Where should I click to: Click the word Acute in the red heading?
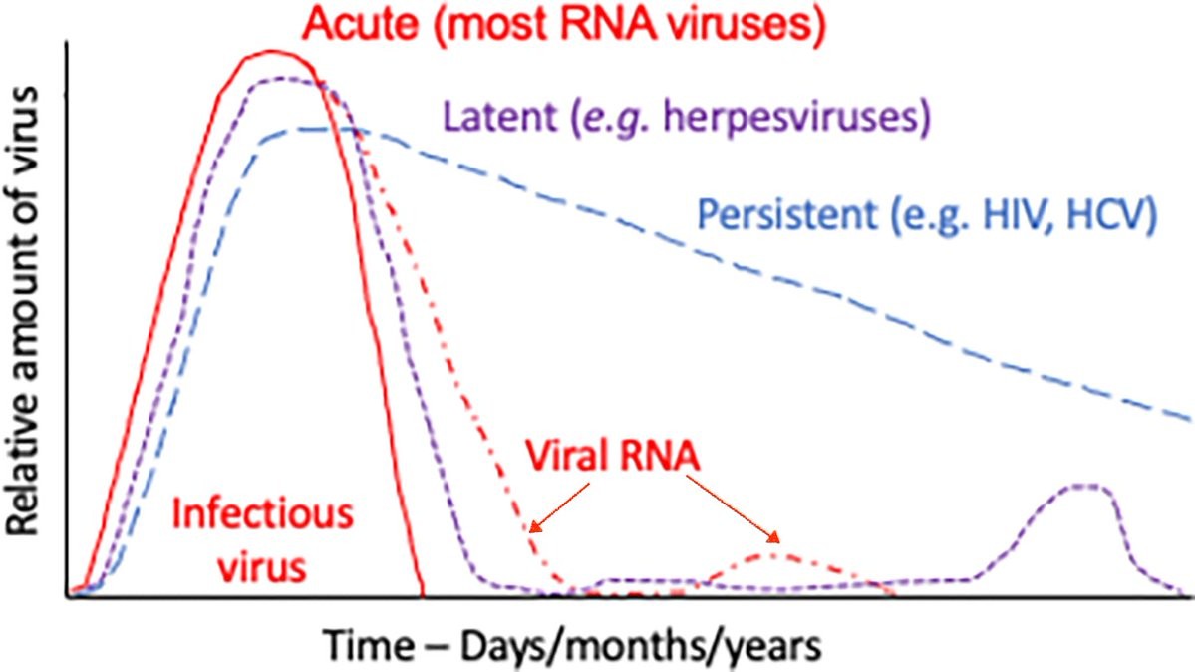(x=361, y=24)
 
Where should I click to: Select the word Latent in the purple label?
(x=499, y=118)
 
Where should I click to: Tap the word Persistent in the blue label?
(x=787, y=215)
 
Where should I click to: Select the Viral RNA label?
(x=612, y=456)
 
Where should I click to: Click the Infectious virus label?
(x=263, y=540)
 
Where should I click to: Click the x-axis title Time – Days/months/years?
(x=573, y=645)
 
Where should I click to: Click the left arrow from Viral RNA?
(x=559, y=506)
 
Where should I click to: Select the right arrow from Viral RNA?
(x=733, y=508)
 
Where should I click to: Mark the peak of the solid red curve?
(x=271, y=51)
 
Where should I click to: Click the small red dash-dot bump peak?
(x=772, y=553)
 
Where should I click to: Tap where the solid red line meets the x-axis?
(x=423, y=595)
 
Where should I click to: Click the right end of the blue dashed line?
(x=1189, y=418)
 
